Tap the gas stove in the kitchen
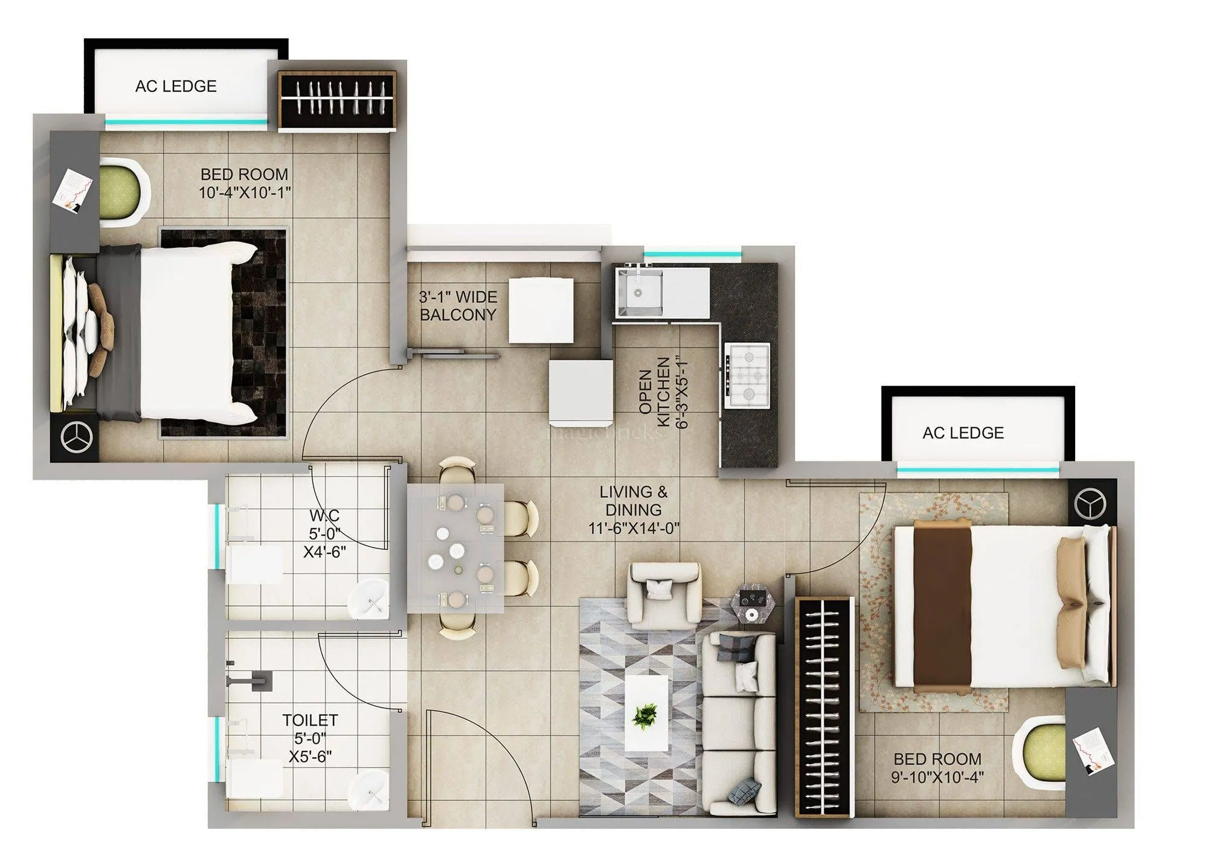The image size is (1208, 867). point(748,375)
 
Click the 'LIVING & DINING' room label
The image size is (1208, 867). point(634,501)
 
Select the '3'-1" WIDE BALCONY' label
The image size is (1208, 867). point(458,306)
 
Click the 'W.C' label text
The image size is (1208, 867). point(324,515)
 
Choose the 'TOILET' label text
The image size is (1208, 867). point(310,720)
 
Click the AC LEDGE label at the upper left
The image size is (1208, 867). point(176,86)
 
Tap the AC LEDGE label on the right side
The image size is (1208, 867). point(963,433)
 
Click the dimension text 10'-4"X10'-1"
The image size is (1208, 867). point(245,193)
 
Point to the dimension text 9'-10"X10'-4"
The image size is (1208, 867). point(937,776)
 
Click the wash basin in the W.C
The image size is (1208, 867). point(368,599)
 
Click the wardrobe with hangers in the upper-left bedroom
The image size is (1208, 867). point(336,100)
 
